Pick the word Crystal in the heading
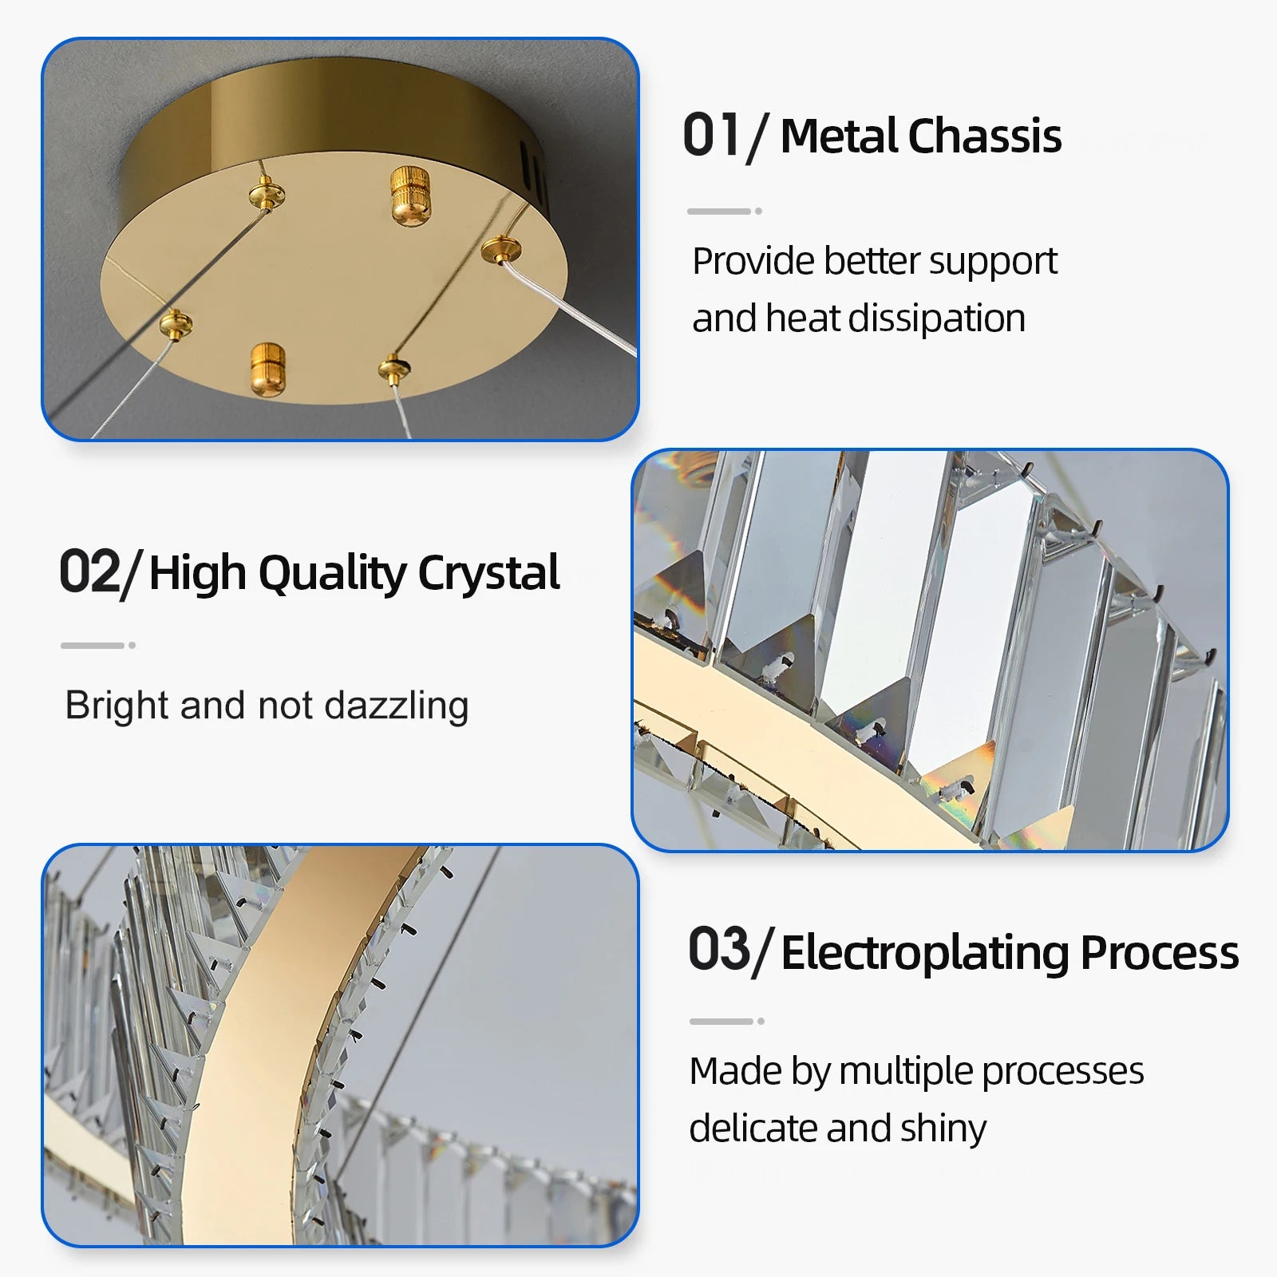pyautogui.click(x=488, y=573)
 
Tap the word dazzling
pyautogui.click(x=397, y=706)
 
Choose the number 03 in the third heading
pyautogui.click(x=719, y=949)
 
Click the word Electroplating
pyautogui.click(x=925, y=953)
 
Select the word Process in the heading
pyautogui.click(x=1160, y=952)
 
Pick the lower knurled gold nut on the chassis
pyautogui.click(x=267, y=368)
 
